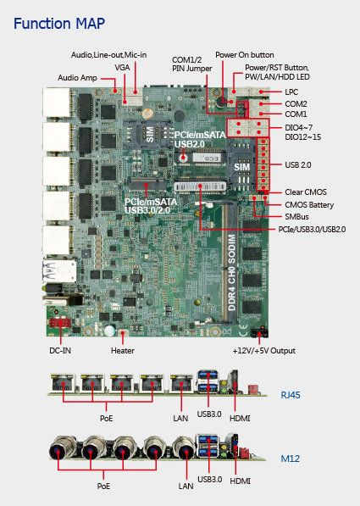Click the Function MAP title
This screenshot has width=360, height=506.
coord(59,24)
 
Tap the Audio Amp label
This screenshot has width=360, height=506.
coord(77,78)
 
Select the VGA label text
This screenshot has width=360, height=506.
coord(122,68)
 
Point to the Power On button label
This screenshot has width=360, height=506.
coord(245,55)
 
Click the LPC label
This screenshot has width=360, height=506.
coord(291,92)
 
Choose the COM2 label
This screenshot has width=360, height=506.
coord(296,104)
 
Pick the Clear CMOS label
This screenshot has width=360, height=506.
coord(306,192)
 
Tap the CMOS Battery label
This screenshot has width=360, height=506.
coord(309,205)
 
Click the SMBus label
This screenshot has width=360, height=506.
coord(296,216)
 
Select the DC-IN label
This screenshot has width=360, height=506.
coord(60,350)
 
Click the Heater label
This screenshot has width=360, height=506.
coord(123,350)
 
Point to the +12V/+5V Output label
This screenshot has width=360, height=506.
coord(264,351)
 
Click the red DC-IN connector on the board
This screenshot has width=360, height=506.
coord(60,323)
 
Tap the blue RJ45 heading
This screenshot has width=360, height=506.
coord(291,395)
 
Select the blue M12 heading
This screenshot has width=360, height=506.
coord(290,459)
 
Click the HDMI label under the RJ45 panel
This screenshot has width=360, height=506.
coord(240,418)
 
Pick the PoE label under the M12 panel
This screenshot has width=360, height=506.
coord(103,486)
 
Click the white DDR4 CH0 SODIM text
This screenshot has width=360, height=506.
coord(232,273)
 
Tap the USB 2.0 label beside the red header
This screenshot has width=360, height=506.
coord(298,165)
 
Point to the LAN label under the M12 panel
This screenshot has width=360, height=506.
coord(186,486)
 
